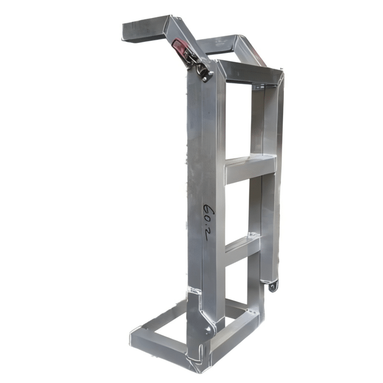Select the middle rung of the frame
(x=250, y=170)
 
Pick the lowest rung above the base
(x=242, y=249)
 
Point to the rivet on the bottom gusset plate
(x=208, y=329)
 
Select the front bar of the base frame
(x=159, y=341)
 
